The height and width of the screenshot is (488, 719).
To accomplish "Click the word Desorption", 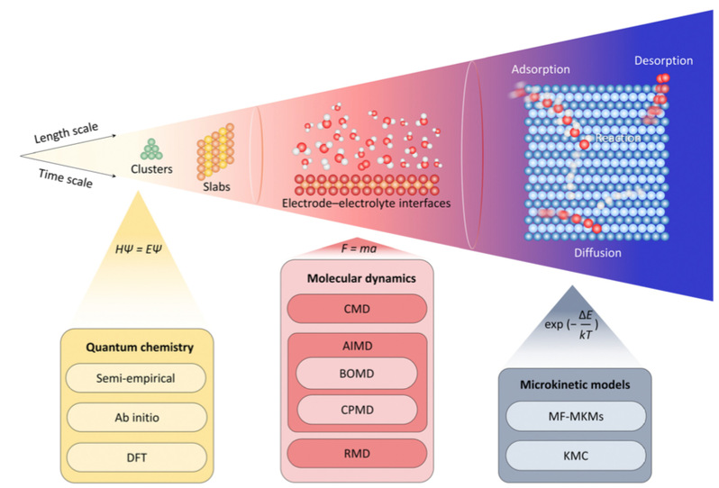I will (x=662, y=61).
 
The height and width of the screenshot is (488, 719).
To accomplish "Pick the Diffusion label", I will (x=597, y=253).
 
